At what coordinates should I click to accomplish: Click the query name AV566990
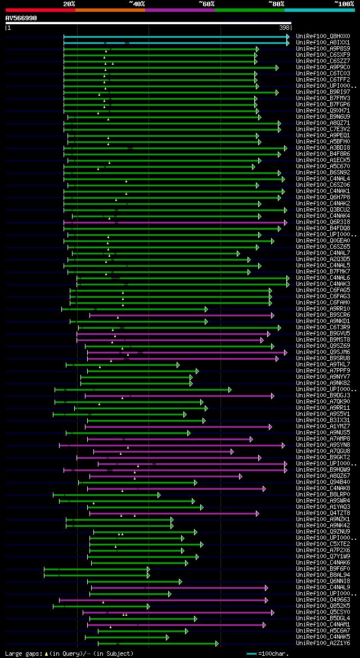(x=21, y=18)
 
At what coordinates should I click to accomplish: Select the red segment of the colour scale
(x=40, y=10)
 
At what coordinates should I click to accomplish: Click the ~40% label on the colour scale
(x=137, y=4)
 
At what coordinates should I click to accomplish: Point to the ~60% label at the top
(x=206, y=4)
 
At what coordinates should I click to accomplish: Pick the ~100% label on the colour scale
(x=344, y=4)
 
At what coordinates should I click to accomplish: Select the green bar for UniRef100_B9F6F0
(x=96, y=569)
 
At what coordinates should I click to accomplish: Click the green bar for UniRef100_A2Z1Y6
(x=157, y=643)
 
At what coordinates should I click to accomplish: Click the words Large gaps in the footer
(x=23, y=654)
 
